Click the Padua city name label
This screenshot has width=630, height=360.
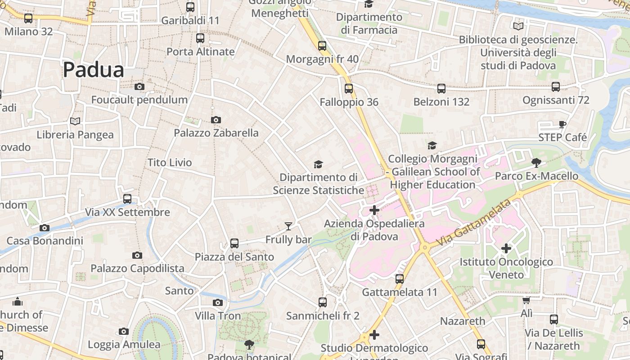tap(93, 70)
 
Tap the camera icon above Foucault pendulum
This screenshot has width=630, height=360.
tap(139, 86)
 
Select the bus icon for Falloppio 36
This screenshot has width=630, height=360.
tap(349, 89)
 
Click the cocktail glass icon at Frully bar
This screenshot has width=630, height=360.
tap(288, 226)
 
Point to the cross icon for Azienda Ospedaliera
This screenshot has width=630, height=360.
tap(374, 210)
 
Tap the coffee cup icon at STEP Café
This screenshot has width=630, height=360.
tap(562, 124)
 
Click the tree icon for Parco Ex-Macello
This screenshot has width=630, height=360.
tap(536, 162)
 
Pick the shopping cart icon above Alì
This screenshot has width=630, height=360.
tap(526, 300)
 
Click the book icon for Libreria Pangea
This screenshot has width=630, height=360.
tap(75, 121)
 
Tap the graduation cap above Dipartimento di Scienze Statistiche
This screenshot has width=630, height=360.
tap(318, 164)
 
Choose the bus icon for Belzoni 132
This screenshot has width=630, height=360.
tap(441, 89)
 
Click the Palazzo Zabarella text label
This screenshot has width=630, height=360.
tap(216, 133)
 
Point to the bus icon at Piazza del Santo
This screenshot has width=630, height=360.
tap(234, 243)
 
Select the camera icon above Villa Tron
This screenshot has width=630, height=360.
tap(218, 302)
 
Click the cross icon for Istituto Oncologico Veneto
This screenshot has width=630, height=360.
tap(506, 248)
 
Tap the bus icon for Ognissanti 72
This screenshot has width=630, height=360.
tap(556, 87)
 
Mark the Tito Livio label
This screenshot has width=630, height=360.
tap(170, 162)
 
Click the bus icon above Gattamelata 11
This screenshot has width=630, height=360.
tap(400, 279)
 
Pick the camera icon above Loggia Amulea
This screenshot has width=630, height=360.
tap(124, 332)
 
